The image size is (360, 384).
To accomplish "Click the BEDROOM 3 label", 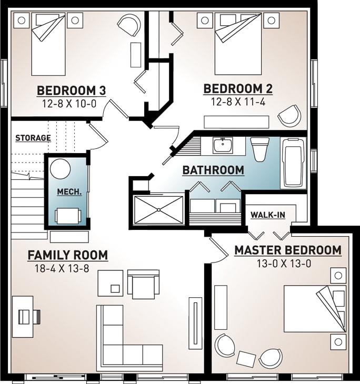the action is pyautogui.click(x=71, y=90).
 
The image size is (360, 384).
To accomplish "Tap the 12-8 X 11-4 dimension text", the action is pyautogui.click(x=238, y=102).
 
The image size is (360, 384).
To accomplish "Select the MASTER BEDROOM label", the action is pyautogui.click(x=288, y=250).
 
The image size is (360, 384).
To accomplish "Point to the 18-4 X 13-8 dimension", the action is pyautogui.click(x=62, y=268).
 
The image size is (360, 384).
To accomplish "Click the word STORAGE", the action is pyautogui.click(x=33, y=138).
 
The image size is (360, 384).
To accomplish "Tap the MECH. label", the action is pyautogui.click(x=69, y=192).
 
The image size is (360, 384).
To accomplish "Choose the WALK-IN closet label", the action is pyautogui.click(x=268, y=215).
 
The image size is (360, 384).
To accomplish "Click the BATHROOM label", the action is pyautogui.click(x=213, y=170).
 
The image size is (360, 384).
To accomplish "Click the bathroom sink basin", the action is pyautogui.click(x=223, y=145).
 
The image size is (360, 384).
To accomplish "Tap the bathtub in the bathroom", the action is pyautogui.click(x=293, y=163).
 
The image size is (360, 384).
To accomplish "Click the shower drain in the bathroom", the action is pyautogui.click(x=159, y=210).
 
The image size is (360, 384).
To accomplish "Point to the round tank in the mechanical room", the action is pyautogui.click(x=60, y=169).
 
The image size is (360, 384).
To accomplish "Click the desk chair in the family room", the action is pyautogui.click(x=29, y=317).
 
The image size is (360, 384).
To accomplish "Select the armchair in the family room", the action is pyautogui.click(x=144, y=285).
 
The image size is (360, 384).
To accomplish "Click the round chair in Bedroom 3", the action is pyautogui.click(x=129, y=25).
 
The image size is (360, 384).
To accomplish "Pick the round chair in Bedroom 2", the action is pyautogui.click(x=289, y=116).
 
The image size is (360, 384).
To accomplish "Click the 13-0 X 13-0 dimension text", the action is pyautogui.click(x=284, y=264).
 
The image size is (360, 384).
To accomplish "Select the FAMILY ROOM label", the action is pyautogui.click(x=68, y=255).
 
